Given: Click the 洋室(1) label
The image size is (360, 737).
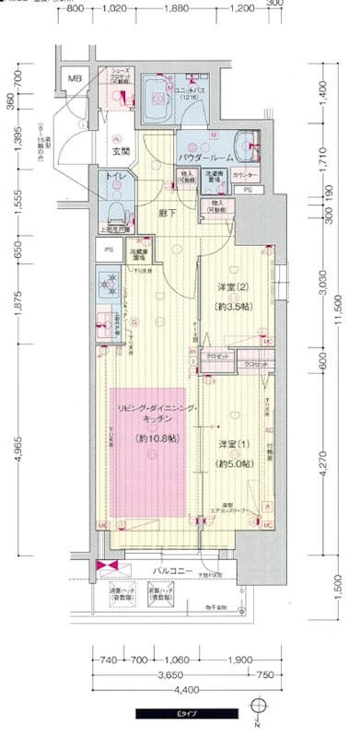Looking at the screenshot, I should (x=234, y=445).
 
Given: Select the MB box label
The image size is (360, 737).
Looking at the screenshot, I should (x=75, y=79).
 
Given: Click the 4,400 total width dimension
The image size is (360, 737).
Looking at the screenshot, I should (x=183, y=688).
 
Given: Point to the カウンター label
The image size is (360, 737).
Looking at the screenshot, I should (x=244, y=174).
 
